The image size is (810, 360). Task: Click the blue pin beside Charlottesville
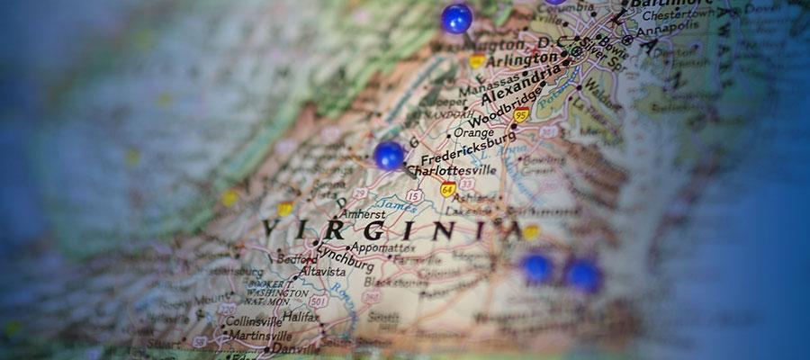click(x=389, y=155)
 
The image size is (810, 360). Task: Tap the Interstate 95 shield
click(x=521, y=114)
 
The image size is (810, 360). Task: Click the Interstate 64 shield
click(x=447, y=189)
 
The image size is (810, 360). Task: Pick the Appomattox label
click(x=383, y=247)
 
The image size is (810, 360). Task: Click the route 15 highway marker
click(x=413, y=194)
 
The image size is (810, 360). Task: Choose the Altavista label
click(x=322, y=270)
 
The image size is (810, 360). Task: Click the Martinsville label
click(x=256, y=335)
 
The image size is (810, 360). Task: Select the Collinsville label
click(x=253, y=320)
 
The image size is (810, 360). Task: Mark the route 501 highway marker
click(x=319, y=301)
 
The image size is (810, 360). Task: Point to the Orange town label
click(x=473, y=131)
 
